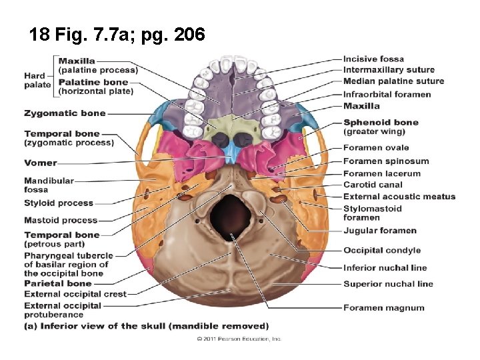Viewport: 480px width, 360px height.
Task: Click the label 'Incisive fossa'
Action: pyautogui.click(x=373, y=59)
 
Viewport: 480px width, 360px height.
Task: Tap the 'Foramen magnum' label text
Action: pyautogui.click(x=383, y=308)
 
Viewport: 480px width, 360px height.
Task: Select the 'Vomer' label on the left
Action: pyautogui.click(x=41, y=163)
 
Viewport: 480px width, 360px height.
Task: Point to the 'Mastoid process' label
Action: pyautogui.click(x=61, y=220)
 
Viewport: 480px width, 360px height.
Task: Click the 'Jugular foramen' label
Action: pyautogui.click(x=379, y=231)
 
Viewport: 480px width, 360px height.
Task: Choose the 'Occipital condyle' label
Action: pyautogui.click(x=381, y=251)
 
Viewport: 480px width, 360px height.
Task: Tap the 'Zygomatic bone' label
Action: pyautogui.click(x=65, y=113)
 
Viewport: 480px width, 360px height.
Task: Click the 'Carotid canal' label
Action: pyautogui.click(x=373, y=185)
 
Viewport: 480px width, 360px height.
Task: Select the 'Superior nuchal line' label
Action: pyautogui.click(x=388, y=284)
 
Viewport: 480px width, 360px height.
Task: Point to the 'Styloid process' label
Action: pyautogui.click(x=59, y=203)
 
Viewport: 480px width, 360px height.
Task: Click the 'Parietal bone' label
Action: pyautogui.click(x=57, y=283)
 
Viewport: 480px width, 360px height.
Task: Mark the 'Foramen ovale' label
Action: pyautogui.click(x=375, y=147)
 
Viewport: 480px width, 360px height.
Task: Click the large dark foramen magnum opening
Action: pyautogui.click(x=230, y=213)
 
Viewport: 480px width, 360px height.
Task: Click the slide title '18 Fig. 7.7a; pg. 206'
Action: pyautogui.click(x=117, y=34)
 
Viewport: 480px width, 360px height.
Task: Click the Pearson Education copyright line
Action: pyautogui.click(x=239, y=339)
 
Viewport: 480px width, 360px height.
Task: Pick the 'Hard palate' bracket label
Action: pyautogui.click(x=37, y=80)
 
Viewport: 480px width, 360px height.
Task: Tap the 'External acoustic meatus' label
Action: pyautogui.click(x=399, y=197)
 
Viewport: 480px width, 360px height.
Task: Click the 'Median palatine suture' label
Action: pyautogui.click(x=393, y=81)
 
